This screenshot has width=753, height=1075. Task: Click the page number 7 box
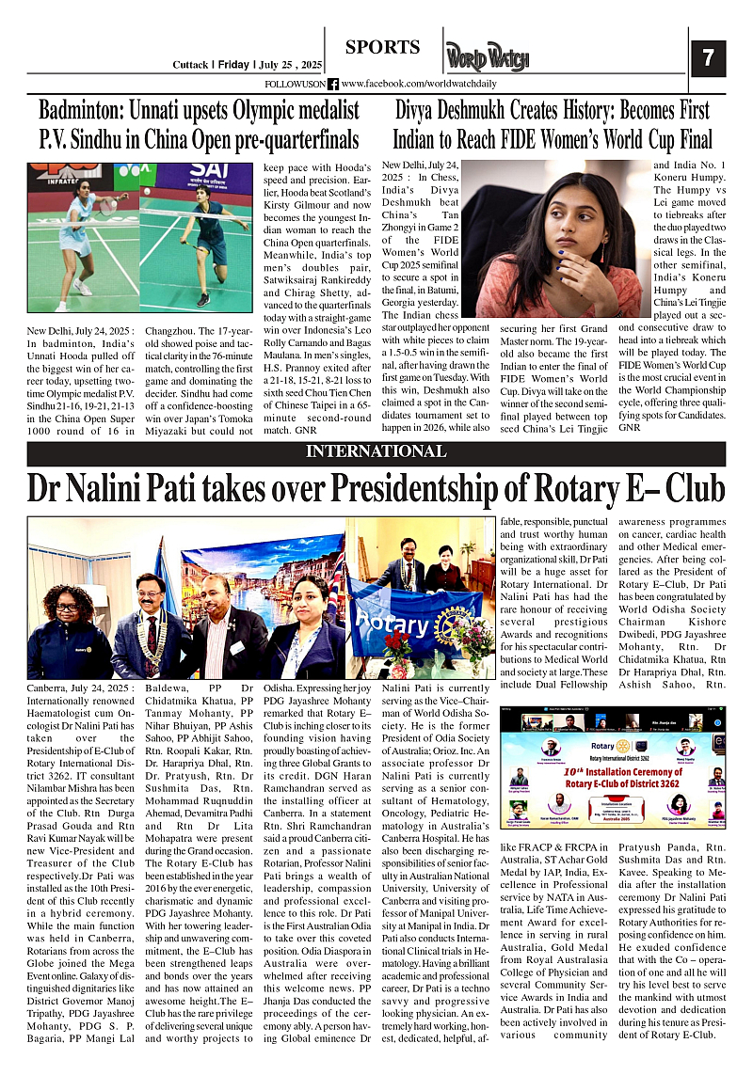pyautogui.click(x=708, y=57)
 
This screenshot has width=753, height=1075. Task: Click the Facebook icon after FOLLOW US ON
pyautogui.click(x=332, y=84)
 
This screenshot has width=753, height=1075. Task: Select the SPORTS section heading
pyautogui.click(x=382, y=47)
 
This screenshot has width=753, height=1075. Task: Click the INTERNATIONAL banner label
pyautogui.click(x=376, y=451)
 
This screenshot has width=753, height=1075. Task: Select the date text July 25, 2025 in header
pyautogui.click(x=290, y=65)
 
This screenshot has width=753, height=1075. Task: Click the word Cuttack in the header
pyautogui.click(x=193, y=65)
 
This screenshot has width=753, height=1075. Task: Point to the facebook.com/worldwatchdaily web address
pyautogui.click(x=418, y=84)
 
